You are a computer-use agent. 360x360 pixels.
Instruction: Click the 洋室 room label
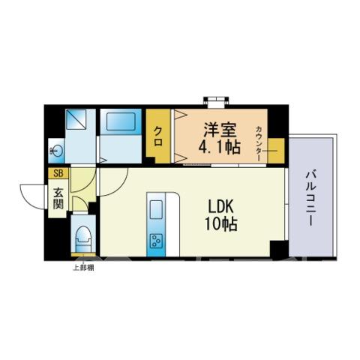coord(220,130)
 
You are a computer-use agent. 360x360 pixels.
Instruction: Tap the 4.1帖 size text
coord(219,147)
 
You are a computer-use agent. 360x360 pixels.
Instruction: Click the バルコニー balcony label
coord(310,198)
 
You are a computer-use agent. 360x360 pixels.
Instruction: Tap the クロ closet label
coord(158,136)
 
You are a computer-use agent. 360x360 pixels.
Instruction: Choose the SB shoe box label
coord(58,173)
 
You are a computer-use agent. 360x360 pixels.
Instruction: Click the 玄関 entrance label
coord(58,198)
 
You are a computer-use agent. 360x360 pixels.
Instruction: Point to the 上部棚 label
coord(83,268)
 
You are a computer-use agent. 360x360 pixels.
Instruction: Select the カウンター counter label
coord(259,143)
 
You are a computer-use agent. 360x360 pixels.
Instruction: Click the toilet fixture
coord(83,239)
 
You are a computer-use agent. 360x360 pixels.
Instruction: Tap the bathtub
coord(121,121)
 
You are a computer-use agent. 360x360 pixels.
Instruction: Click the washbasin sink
coord(56,151)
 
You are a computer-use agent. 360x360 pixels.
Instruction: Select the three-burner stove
coord(156,241)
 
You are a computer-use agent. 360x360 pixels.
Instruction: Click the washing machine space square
coord(76,119)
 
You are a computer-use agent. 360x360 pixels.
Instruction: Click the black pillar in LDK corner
coord(279,249)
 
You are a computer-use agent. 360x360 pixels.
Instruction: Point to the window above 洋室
coord(216,102)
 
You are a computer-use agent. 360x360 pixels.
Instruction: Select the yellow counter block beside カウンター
coord(276,151)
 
